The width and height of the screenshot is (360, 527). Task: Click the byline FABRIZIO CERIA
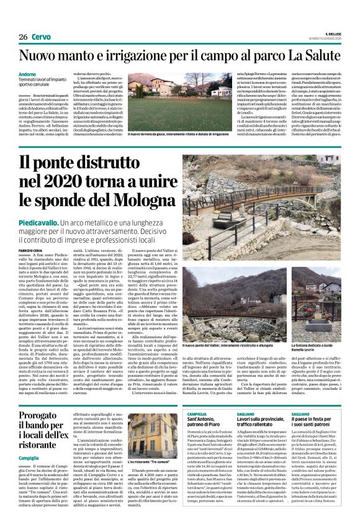click(32, 249)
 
